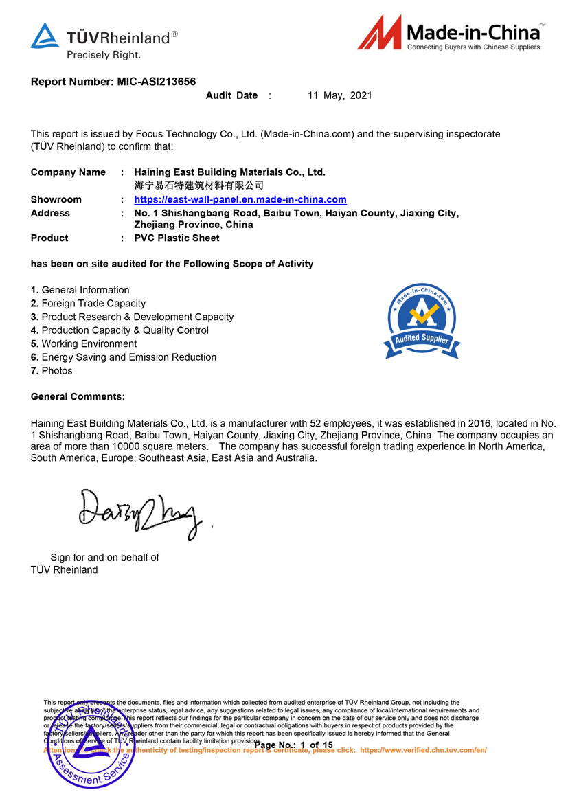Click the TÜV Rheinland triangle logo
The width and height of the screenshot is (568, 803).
click(x=45, y=36)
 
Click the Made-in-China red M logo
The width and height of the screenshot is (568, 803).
click(x=378, y=33)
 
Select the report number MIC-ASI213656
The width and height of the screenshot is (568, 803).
click(x=157, y=82)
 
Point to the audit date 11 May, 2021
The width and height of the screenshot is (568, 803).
click(x=339, y=95)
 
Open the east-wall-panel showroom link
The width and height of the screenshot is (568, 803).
click(x=240, y=199)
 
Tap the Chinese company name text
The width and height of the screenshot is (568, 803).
click(x=198, y=185)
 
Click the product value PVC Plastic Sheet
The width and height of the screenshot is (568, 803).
click(x=177, y=238)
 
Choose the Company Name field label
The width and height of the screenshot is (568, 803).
click(x=68, y=172)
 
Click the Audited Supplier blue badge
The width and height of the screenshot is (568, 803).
click(x=422, y=321)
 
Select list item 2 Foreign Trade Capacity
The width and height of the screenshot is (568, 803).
click(x=88, y=303)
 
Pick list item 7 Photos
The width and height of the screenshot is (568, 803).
click(x=52, y=370)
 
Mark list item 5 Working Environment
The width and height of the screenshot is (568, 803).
click(x=84, y=343)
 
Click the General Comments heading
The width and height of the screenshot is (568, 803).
click(x=78, y=396)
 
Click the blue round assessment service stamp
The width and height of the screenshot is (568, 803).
click(x=89, y=745)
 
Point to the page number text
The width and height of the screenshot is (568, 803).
click(x=293, y=745)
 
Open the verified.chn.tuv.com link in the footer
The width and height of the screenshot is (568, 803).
click(x=422, y=750)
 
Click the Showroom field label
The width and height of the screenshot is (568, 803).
click(x=56, y=199)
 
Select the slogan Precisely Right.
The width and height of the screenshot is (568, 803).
click(x=103, y=54)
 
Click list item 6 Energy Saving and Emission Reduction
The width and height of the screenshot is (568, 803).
click(x=124, y=357)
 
